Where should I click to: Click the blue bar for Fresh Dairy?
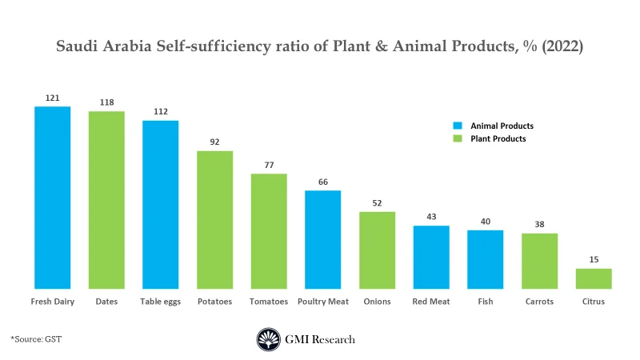point(52,197)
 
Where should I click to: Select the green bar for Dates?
point(106,199)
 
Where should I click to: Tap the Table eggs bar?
point(160,204)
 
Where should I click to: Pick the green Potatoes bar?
point(214,219)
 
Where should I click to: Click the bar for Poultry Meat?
point(322,239)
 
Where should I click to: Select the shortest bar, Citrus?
point(594,278)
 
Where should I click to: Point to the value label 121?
point(52,98)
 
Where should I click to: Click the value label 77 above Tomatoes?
point(269,165)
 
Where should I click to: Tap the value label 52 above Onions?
point(377,202)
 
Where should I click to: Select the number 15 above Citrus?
point(594,259)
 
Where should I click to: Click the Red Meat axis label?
point(431,302)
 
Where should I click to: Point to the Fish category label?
point(485,302)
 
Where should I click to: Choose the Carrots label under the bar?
point(539,302)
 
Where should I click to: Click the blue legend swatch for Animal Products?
point(458,126)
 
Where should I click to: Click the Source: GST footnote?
point(36,339)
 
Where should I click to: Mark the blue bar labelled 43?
point(431,257)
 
